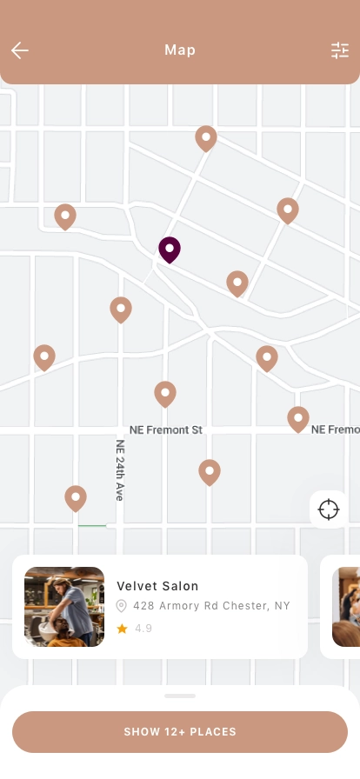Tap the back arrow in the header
pyautogui.click(x=20, y=50)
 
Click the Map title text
pyautogui.click(x=180, y=50)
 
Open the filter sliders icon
pyautogui.click(x=339, y=50)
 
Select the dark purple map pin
pyautogui.click(x=170, y=250)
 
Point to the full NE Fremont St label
pyautogui.click(x=165, y=429)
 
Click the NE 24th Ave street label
pyautogui.click(x=121, y=469)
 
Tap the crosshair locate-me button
pyautogui.click(x=329, y=509)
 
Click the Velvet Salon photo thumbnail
pyautogui.click(x=64, y=607)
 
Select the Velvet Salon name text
pyautogui.click(x=157, y=586)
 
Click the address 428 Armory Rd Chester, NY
pyautogui.click(x=211, y=606)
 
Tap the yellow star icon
pyautogui.click(x=123, y=628)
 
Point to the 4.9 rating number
pyautogui.click(x=143, y=628)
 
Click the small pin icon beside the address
pyautogui.click(x=122, y=606)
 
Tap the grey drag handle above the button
pyautogui.click(x=180, y=696)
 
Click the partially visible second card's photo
pyautogui.click(x=346, y=607)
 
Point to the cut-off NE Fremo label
pyautogui.click(x=335, y=429)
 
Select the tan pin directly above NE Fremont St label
pyautogui.click(x=165, y=394)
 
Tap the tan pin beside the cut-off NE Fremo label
pyautogui.click(x=298, y=418)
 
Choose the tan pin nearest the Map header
pyautogui.click(x=206, y=137)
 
